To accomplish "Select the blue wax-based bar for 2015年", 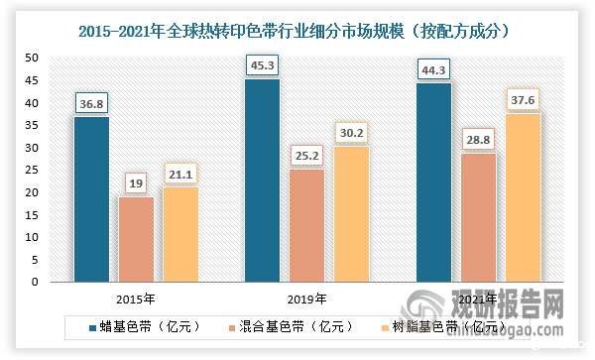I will pos(92,198).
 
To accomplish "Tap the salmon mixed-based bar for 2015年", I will pos(136,238).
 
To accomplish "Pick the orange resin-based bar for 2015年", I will pos(179,233).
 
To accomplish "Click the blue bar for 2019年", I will pos(262,180).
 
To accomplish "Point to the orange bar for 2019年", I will pos(350,213).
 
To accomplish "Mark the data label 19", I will pos(136,182).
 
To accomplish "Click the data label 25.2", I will pos(306,154).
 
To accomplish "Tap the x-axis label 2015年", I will pos(136,297).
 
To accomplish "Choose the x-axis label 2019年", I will pos(306,297).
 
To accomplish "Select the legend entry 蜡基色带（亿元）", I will pos(145,325).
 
